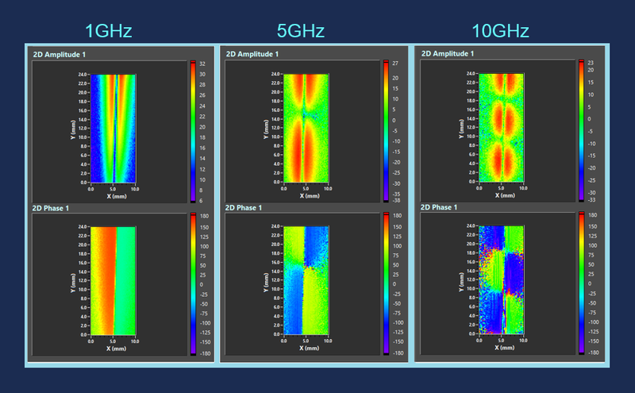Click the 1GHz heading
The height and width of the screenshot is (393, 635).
point(108,31)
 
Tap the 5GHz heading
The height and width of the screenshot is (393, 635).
point(302,31)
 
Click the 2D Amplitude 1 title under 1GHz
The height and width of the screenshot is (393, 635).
point(60,54)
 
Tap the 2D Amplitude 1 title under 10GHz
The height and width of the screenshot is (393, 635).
point(449,54)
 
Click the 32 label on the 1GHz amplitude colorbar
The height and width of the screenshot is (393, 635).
point(202,64)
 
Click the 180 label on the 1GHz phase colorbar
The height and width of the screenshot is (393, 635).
point(204,216)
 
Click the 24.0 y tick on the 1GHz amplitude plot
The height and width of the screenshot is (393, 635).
point(83,75)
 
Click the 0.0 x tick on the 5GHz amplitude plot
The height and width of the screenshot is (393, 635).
point(285,189)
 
